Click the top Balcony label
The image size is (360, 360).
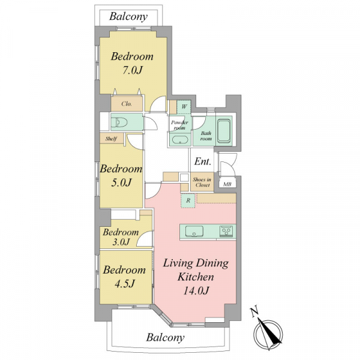128,17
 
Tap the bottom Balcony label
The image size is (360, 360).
166,338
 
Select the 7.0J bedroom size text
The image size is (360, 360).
132,70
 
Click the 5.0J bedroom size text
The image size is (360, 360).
121,183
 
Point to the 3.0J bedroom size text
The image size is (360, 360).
121,242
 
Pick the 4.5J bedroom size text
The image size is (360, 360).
124,284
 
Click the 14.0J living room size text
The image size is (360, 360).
196,291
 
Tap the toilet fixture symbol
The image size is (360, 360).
120,121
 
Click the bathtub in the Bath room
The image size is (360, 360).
224,130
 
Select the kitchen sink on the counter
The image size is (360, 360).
194,231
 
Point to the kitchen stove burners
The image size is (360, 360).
226,231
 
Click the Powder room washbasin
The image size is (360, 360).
180,140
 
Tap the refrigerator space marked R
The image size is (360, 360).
188,200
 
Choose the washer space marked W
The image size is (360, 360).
184,107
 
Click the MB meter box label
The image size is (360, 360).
227,184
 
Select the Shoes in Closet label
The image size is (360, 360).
202,182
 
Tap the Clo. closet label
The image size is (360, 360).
127,104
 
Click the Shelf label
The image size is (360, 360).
111,139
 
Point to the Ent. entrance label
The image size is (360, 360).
203,161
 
